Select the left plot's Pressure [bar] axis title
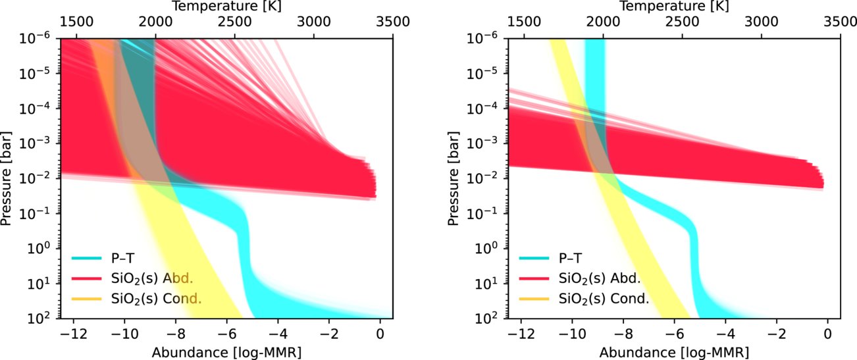point(8,178)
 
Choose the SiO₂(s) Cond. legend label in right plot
point(602,298)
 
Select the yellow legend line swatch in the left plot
point(86,298)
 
